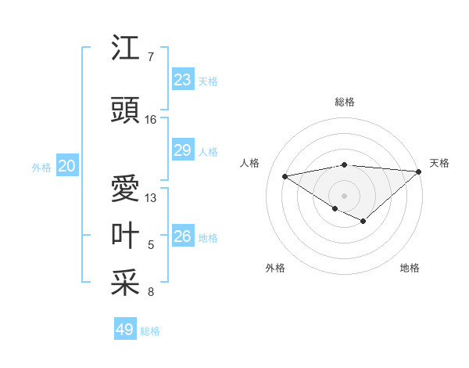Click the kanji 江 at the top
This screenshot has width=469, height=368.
126,49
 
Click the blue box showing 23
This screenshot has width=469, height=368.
182,79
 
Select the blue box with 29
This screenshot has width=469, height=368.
182,150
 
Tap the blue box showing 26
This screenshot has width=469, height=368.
182,236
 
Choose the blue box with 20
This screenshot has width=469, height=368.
67,166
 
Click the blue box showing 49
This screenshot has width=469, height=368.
125,330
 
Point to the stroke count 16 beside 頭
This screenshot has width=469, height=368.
151,120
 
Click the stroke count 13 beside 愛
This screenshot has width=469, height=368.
151,197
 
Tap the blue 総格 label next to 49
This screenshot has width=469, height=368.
150,331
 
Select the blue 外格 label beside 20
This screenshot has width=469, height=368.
41,168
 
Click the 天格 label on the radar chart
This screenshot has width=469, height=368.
439,163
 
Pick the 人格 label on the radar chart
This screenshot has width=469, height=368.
250,163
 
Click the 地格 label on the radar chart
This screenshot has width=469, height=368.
410,268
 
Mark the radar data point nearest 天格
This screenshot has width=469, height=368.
420,171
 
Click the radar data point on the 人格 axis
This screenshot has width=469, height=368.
285,175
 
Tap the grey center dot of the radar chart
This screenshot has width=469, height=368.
344,195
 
